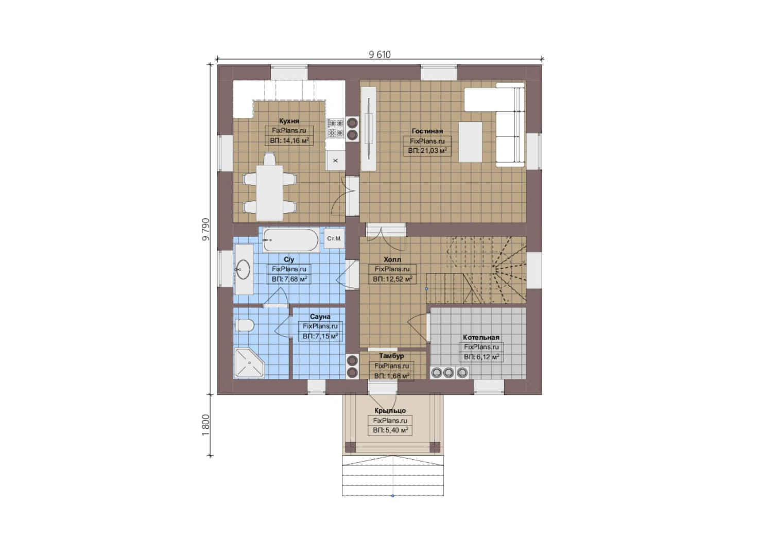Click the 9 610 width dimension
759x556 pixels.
pos(380,55)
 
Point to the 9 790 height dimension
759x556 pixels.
pos(206,230)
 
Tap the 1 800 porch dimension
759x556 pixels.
pos(206,425)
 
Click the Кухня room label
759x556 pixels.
pos(289,121)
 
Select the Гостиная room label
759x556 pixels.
pos(427,131)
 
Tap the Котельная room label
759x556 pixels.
pos(481,338)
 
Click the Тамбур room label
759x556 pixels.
pos(391,356)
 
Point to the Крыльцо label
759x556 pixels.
pos(390,410)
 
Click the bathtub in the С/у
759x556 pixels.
pos(291,240)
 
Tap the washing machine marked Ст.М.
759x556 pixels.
pos(334,238)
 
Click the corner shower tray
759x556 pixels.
pos(249,362)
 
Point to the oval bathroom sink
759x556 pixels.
pos(243,269)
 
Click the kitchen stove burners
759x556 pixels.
pos(335,128)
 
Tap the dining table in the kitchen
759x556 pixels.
pos(269,193)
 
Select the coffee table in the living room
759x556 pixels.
pos(470,142)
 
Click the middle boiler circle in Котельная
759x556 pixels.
pos(449,373)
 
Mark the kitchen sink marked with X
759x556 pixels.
pos(335,161)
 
